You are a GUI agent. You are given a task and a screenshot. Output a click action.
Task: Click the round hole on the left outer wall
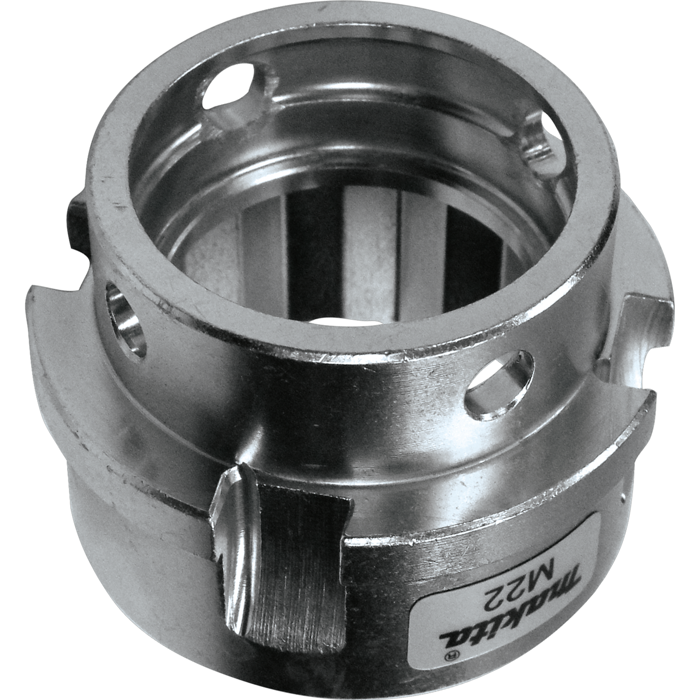click(x=125, y=320)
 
